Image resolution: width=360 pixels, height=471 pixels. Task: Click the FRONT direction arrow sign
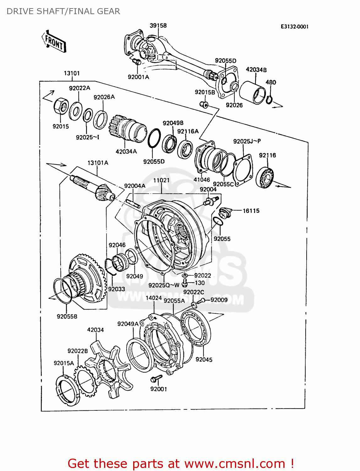(54, 41)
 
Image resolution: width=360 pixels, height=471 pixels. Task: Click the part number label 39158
(158, 25)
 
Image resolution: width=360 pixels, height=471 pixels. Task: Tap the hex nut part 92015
(61, 106)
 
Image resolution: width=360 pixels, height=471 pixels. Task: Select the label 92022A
(79, 88)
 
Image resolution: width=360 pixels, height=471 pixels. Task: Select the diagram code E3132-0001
(294, 27)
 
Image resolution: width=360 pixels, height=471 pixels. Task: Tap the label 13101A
(98, 163)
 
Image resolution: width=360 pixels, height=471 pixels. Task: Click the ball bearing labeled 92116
(265, 178)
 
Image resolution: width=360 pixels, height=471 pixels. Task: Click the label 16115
(251, 211)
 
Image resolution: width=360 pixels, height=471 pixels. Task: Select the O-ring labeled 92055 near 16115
(218, 221)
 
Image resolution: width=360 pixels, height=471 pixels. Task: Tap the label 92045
(204, 360)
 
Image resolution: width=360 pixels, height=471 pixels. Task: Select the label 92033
(117, 289)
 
